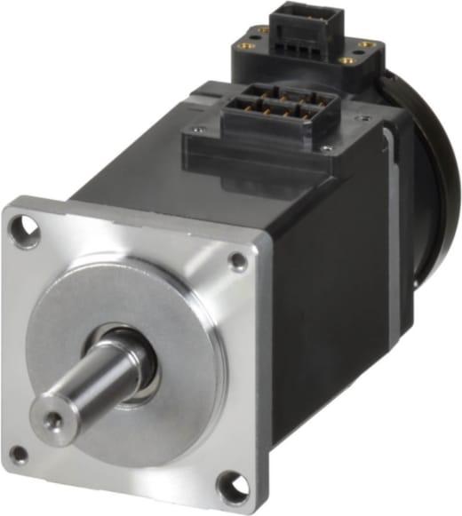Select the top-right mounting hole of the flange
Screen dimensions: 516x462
coord(237,260)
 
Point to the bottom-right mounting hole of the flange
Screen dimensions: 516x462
coord(229,487)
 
